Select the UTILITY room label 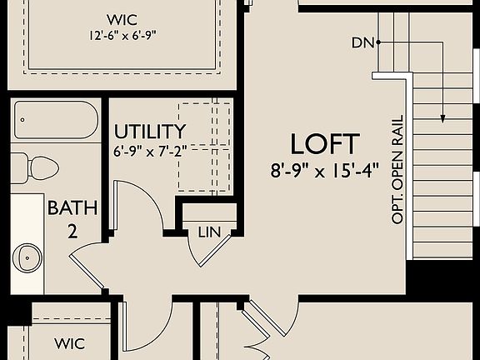[x=150, y=132]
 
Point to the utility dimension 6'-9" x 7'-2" [x=148, y=152]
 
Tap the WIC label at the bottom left [x=70, y=342]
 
